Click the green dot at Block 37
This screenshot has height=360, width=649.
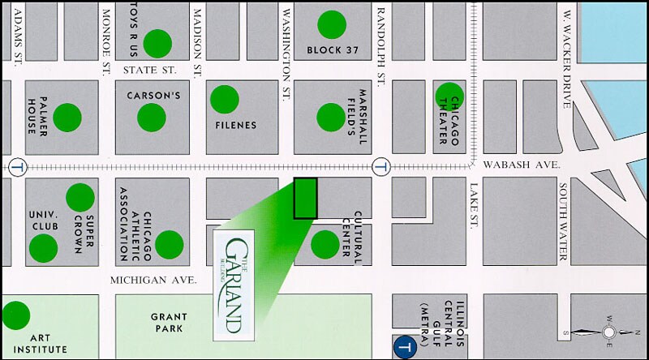point(331,24)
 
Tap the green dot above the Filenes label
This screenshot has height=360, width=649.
point(225,100)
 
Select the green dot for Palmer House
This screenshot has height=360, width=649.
point(67,118)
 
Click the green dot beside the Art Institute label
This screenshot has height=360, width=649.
point(15,315)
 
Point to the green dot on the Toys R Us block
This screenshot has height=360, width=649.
point(157,43)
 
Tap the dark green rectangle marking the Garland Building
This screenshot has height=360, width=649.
point(305,198)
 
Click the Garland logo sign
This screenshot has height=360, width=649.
point(234,285)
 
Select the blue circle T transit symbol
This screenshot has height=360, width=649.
point(404,345)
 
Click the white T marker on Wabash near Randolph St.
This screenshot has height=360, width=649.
point(379,168)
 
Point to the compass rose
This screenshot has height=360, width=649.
point(608,332)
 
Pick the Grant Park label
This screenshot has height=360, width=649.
point(169,323)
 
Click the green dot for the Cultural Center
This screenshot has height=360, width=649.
point(325,242)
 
